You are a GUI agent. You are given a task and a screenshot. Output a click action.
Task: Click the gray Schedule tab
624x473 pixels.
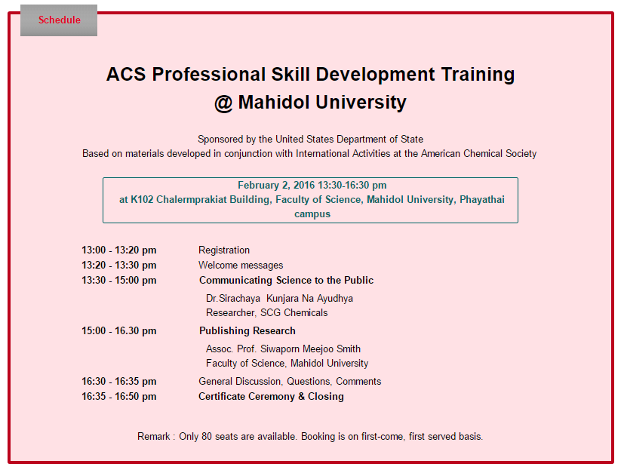pos(59,20)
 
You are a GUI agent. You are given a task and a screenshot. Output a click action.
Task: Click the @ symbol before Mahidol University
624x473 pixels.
pos(223,103)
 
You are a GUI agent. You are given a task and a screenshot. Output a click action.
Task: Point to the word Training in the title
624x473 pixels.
pos(478,75)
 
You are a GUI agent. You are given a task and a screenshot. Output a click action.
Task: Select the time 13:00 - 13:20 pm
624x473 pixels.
pos(119,250)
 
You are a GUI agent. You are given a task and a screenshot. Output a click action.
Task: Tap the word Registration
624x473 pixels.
pos(224,250)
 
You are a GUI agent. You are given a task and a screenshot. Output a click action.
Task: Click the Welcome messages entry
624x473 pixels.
pos(241,266)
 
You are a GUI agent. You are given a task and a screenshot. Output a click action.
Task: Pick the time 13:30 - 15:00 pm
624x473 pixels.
pos(119,281)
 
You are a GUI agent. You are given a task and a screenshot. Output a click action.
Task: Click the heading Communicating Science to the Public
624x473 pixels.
pos(286,281)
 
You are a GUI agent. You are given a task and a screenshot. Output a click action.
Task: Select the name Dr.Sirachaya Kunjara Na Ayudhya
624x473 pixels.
pos(279,299)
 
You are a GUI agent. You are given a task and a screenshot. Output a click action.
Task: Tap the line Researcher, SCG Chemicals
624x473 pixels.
pos(266,313)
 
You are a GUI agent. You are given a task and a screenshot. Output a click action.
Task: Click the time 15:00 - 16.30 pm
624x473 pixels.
pos(119,331)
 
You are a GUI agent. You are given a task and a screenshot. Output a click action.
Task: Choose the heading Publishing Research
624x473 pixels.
pos(247,331)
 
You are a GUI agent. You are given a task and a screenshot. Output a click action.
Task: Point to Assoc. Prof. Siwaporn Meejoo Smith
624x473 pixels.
pos(283,349)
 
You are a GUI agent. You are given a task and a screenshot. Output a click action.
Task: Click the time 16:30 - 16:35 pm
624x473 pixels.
pos(119,382)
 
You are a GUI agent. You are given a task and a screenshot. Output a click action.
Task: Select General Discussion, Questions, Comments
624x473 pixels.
pos(290,382)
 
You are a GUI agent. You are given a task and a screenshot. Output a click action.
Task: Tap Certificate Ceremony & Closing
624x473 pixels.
pos(271,397)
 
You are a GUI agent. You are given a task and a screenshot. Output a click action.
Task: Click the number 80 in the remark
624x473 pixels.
pos(207,436)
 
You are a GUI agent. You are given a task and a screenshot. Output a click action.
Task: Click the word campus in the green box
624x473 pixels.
pos(312,214)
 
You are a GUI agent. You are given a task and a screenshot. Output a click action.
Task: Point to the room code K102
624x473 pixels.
pos(142,200)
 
